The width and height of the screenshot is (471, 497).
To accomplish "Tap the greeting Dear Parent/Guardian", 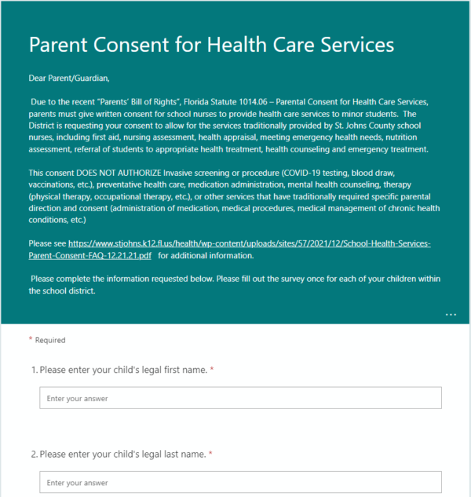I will click(x=70, y=79).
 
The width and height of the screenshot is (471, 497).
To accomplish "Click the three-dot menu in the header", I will click(x=451, y=314).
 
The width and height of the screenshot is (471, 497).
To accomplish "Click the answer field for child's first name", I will click(x=240, y=398).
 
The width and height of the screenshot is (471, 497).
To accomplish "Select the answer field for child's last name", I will click(x=240, y=482).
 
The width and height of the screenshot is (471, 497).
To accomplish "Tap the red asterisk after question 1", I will click(x=212, y=369).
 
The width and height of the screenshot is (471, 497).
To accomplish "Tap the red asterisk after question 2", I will click(x=211, y=454).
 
